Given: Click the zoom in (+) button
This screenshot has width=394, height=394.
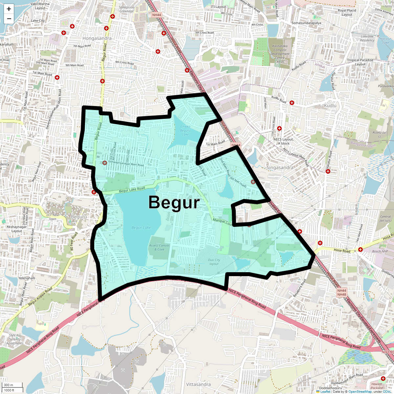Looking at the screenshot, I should pyautogui.click(x=9, y=9).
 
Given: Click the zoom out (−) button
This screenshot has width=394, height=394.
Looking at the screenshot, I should pyautogui.click(x=9, y=19).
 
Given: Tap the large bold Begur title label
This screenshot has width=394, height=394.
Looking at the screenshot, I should pyautogui.click(x=174, y=203).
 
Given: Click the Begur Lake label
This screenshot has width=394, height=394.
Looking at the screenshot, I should pyautogui.click(x=141, y=228).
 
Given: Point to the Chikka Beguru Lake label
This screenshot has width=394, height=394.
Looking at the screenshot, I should pyautogui.click(x=186, y=130).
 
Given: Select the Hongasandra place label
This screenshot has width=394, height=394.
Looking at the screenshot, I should pyautogui.click(x=97, y=38).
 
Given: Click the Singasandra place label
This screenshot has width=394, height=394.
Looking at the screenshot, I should pyautogui.click(x=280, y=167).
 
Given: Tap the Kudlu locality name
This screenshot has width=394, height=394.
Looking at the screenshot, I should pyautogui.click(x=330, y=106).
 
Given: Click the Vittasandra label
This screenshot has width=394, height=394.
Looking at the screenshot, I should pyautogui.click(x=198, y=384).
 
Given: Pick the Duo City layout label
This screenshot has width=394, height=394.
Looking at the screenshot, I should pyautogui.click(x=214, y=262).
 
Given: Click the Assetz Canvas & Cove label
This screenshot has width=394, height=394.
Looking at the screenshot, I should pyautogui.click(x=159, y=247).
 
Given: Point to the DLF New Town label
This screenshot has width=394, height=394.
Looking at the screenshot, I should pyautogui.click(x=53, y=217).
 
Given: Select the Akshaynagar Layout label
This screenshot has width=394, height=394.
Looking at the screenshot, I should pyautogui.click(x=17, y=229).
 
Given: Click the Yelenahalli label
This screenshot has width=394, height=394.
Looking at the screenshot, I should pyautogui.click(x=27, y=278).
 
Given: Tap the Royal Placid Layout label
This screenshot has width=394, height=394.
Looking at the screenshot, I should pyautogui.click(x=347, y=12).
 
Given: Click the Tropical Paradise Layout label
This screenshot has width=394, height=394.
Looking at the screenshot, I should pyautogui.click(x=360, y=62).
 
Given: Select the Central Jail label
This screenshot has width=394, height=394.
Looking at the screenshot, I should pyautogui.click(x=386, y=218).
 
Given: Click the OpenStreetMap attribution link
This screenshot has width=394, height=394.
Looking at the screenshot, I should pyautogui.click(x=360, y=391).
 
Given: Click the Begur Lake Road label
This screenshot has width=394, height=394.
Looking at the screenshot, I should pyautogui.click(x=132, y=190).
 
